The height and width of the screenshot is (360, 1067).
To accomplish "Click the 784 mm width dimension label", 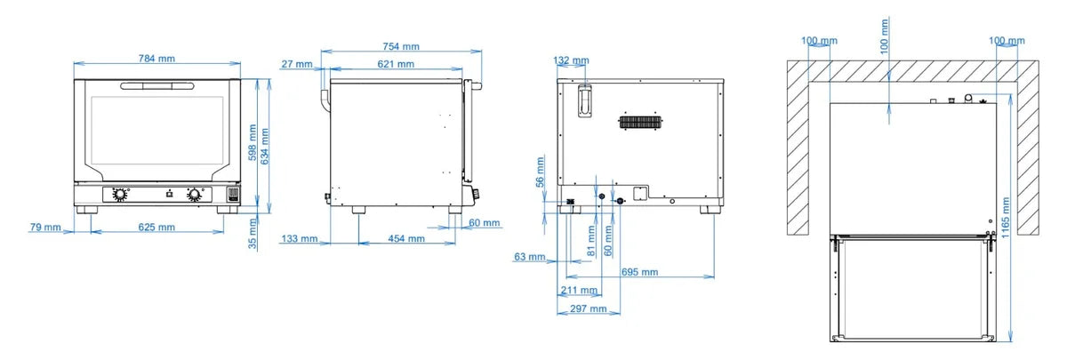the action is (156, 59).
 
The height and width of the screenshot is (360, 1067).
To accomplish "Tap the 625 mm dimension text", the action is (156, 228).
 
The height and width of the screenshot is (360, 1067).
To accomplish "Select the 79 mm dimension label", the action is (45, 228).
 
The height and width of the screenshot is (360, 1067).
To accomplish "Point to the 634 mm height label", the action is (265, 147).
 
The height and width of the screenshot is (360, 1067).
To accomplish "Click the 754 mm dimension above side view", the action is (401, 46).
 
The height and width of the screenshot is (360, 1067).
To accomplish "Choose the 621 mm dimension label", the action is (396, 64).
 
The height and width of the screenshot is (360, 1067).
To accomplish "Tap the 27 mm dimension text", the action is (297, 64).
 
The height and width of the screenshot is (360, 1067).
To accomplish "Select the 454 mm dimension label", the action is (406, 238).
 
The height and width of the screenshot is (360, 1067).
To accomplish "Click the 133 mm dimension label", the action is (300, 238).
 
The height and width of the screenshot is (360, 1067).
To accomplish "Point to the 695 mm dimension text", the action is (639, 272).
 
